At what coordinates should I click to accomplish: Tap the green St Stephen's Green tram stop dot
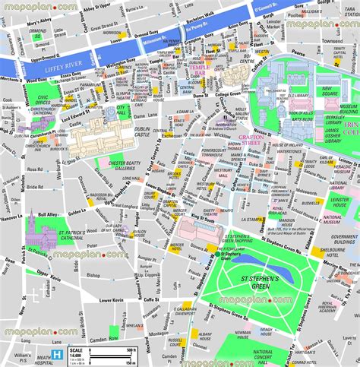tap(228, 255)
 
